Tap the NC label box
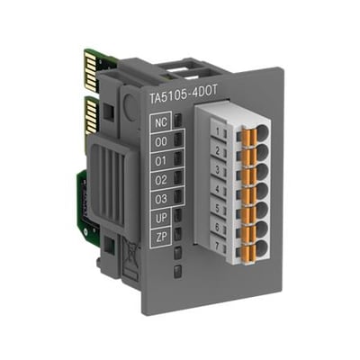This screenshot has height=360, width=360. click(x=160, y=122)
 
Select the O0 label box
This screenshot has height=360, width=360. click(x=160, y=141)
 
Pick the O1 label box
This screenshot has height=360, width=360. click(x=160, y=161)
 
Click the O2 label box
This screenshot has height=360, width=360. click(x=160, y=180)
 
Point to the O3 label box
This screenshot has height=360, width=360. click(x=160, y=199)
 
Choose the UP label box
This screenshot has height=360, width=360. click(x=160, y=218)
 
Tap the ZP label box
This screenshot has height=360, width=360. click(x=160, y=237)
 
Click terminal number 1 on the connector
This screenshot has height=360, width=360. click(x=218, y=131)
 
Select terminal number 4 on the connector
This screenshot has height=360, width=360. click(x=218, y=190)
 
